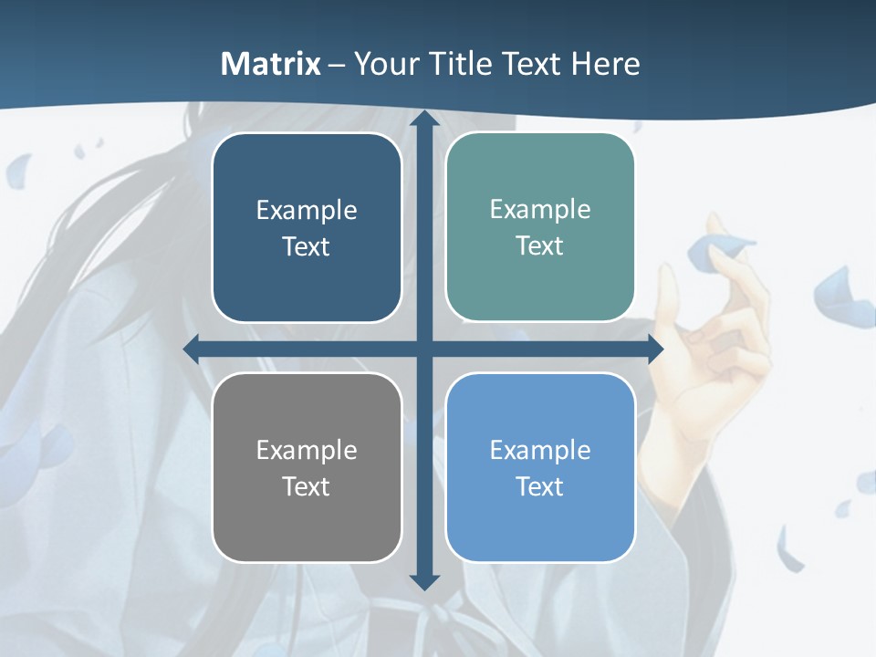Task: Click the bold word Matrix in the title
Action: (271, 64)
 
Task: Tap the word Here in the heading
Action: (606, 64)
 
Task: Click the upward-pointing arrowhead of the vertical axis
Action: (424, 120)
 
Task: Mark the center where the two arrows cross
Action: (424, 349)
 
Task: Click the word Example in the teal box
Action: (540, 209)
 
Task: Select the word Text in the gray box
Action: (306, 486)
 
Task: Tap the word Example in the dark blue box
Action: (307, 210)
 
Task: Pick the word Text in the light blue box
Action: (540, 486)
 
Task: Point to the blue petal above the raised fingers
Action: (721, 251)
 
